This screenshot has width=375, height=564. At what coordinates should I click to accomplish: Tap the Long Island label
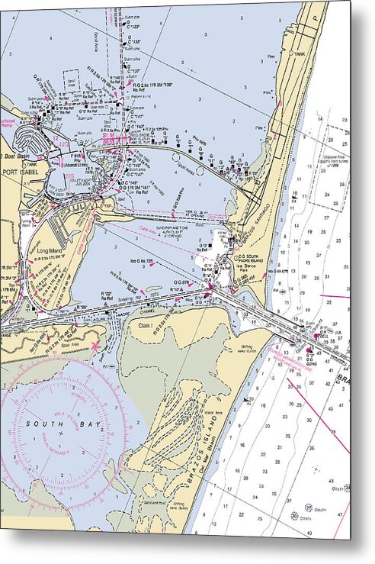tap(46, 249)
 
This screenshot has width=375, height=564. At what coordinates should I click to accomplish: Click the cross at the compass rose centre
tap(61, 434)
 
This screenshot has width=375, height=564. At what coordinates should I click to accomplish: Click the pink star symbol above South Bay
tap(96, 348)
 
